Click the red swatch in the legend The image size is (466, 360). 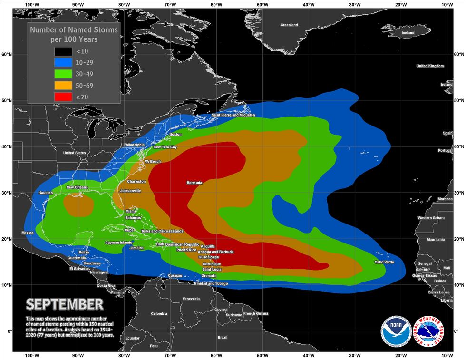coord(63,97)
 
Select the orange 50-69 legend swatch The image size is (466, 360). coord(63,86)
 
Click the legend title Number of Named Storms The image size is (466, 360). coord(74,30)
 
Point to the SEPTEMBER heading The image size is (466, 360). coord(64,303)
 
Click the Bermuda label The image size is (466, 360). coord(194,183)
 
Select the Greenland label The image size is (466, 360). coord(289,25)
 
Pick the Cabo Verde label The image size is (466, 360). coord(385,262)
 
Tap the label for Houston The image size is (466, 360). coord(46,193)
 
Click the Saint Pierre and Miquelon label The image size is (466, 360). coord(233,115)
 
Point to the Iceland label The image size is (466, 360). coord(408,33)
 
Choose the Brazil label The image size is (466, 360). coord(222,337)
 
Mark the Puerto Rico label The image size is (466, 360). coord(186,250)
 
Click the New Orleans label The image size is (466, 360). coord(77,187)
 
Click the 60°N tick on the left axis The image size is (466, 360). coord(6,54)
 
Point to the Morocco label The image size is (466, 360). coord(445,199)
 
